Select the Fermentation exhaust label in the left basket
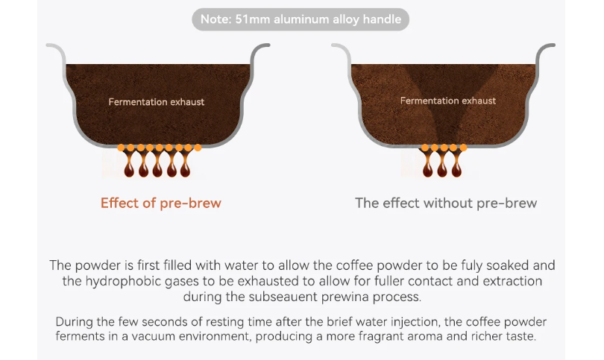[157, 102]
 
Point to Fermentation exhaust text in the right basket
[448, 101]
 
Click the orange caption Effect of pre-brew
[161, 203]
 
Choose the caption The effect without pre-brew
[446, 203]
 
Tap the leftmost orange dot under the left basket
[121, 148]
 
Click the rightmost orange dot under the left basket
[198, 148]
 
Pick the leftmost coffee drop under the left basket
[129, 168]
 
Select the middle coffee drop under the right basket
[442, 168]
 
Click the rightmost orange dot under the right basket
[463, 148]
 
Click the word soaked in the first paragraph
[508, 265]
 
